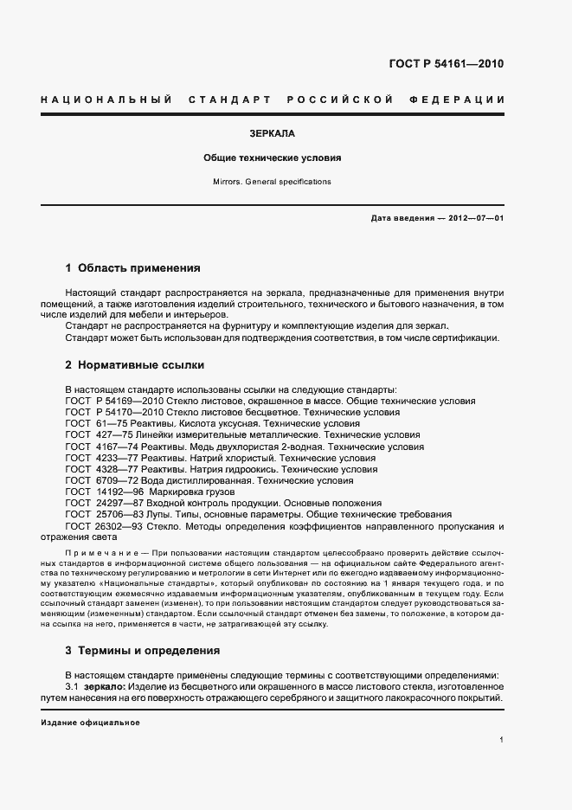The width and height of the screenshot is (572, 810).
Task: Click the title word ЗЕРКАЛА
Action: [272, 134]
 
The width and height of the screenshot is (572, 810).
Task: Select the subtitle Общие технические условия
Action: [272, 158]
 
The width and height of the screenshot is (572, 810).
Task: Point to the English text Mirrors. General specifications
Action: [272, 182]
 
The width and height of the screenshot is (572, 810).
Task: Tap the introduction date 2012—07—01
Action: [475, 219]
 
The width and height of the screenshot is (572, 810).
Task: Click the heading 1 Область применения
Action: [132, 268]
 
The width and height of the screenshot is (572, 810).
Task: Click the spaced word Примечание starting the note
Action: [101, 552]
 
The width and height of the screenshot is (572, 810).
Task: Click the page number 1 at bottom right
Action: [501, 739]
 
